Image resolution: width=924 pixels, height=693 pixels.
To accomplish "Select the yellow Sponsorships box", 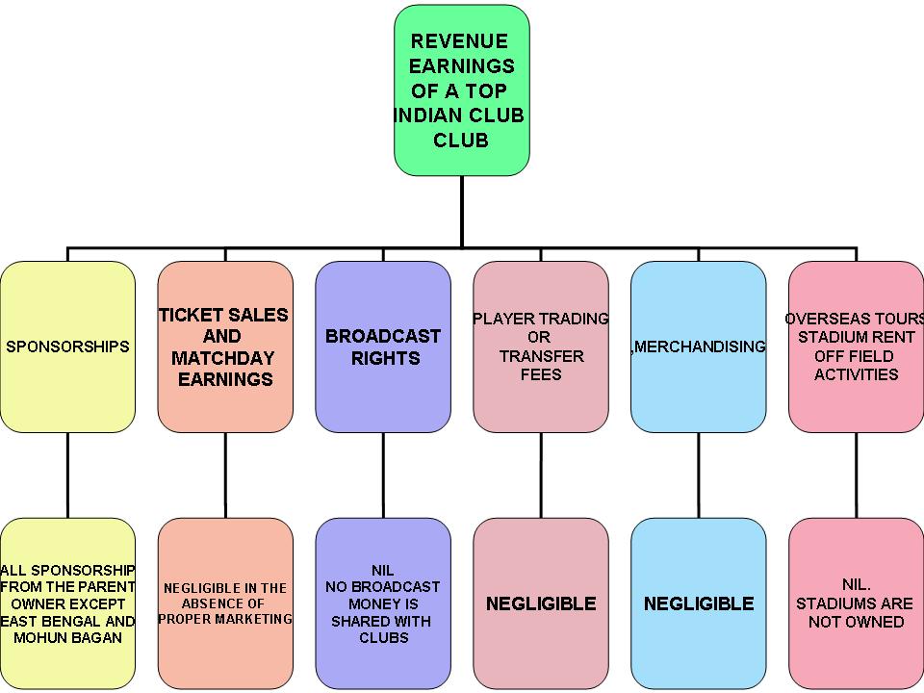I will [67, 346].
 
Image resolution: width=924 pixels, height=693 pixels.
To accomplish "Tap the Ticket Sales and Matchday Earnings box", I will [225, 346].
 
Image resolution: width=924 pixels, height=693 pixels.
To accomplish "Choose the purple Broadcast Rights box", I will [383, 346].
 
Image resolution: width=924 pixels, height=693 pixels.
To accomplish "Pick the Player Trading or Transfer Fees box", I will [541, 346].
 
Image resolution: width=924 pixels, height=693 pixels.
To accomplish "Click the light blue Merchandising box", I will [699, 346].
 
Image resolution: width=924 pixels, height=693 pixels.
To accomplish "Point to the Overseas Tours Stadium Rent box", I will [856, 346].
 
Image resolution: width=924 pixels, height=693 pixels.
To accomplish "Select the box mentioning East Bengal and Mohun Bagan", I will [67, 603].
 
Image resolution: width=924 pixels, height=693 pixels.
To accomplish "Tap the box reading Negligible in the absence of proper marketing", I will [225, 603].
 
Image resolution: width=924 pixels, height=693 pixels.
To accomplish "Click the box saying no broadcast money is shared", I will [383, 603].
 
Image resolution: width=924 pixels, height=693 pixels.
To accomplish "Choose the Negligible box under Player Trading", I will [541, 603].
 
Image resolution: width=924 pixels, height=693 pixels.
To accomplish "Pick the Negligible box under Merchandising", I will [699, 603].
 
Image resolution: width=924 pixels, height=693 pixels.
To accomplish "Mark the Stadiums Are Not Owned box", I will [856, 603].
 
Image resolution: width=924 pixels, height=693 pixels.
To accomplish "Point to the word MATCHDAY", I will [223, 358].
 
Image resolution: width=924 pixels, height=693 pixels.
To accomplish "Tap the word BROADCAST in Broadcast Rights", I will [383, 336].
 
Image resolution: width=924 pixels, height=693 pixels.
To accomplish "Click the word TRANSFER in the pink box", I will [541, 356].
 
